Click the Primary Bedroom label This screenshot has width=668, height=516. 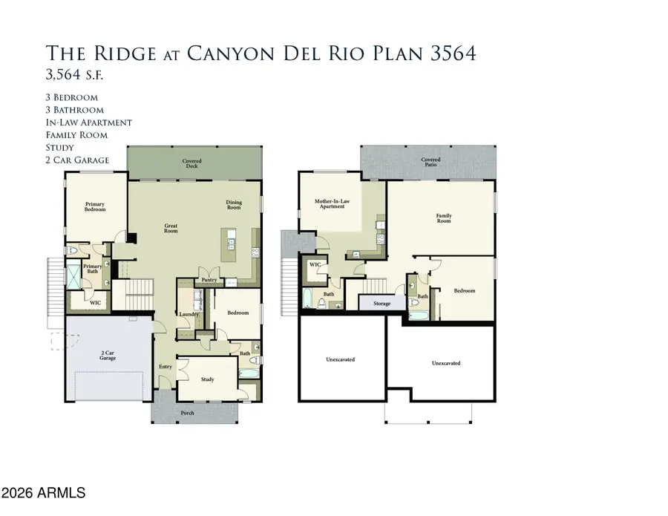tap(95, 206)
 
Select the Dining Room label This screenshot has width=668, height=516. tap(234, 205)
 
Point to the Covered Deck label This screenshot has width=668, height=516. tap(192, 163)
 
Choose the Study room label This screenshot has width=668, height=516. tap(208, 379)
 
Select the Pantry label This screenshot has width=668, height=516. tap(209, 280)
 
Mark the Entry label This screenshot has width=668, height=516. tap(166, 367)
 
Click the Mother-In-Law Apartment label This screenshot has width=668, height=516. tap(332, 203)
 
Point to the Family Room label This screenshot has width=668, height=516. tap(444, 218)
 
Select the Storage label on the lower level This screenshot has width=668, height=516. tap(382, 304)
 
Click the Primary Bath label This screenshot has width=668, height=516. tap(93, 269)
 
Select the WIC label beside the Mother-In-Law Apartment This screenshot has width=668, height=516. tap(315, 264)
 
